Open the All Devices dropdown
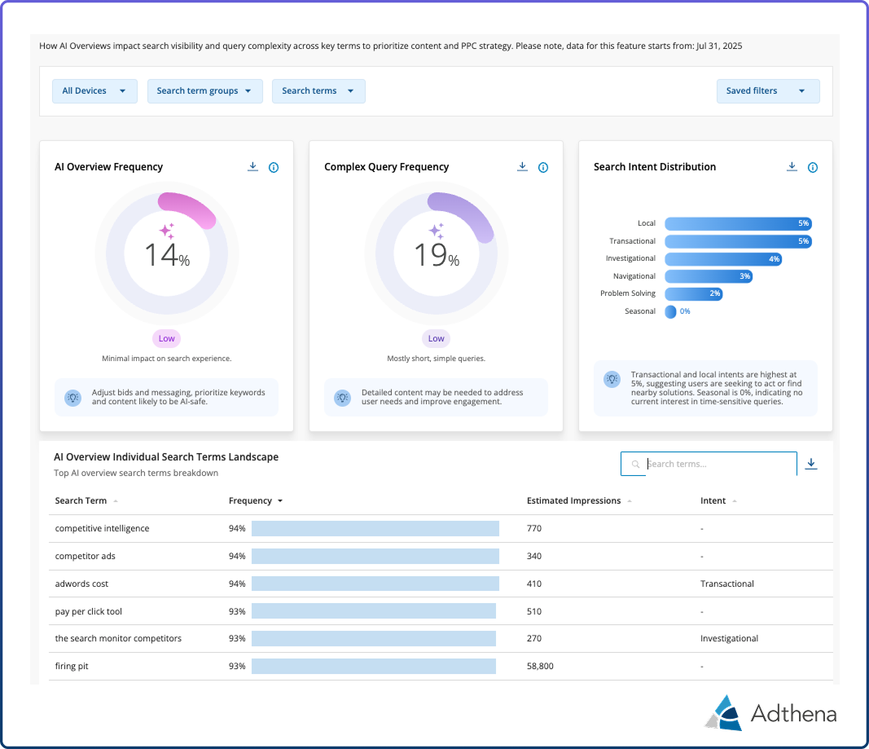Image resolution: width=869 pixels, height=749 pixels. click(x=94, y=91)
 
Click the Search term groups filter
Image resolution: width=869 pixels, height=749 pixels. click(x=204, y=91)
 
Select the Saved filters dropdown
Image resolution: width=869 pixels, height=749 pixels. click(x=767, y=91)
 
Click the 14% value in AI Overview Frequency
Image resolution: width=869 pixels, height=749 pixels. click(x=167, y=255)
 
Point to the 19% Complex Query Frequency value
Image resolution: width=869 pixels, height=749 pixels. click(x=437, y=255)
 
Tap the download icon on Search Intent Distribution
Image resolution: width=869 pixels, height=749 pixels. click(x=792, y=167)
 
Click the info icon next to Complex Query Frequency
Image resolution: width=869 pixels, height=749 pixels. click(x=543, y=168)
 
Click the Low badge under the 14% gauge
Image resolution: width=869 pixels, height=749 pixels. click(x=166, y=338)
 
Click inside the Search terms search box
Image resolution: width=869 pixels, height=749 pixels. click(x=717, y=464)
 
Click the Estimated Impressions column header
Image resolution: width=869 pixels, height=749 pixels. click(x=573, y=500)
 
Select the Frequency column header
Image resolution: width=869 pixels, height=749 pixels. click(x=251, y=500)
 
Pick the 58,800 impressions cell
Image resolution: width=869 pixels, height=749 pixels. click(x=540, y=666)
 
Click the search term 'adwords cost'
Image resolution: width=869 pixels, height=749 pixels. click(x=81, y=584)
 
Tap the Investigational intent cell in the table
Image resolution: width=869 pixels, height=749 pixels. click(x=729, y=638)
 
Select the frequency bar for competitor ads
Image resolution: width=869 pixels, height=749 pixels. click(x=375, y=556)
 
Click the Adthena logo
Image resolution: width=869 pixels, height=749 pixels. click(x=770, y=713)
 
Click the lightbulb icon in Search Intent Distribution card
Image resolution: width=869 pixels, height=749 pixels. click(x=612, y=379)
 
